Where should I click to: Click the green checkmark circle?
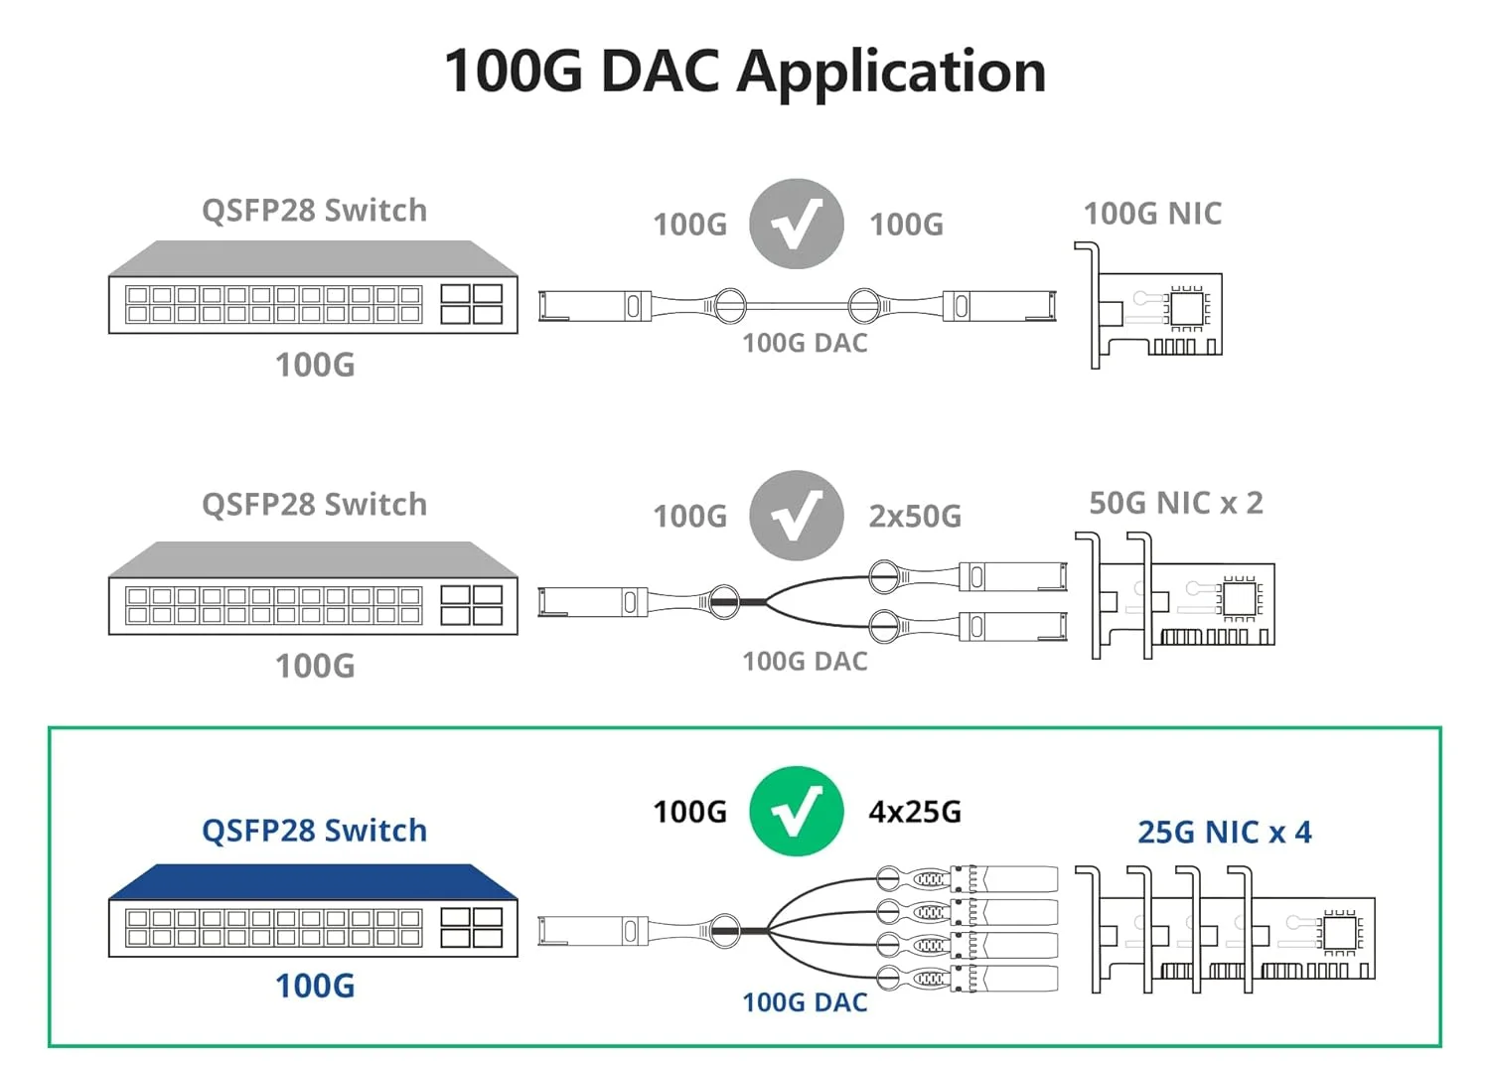click(796, 812)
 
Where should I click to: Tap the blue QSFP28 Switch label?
click(314, 831)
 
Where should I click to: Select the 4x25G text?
click(915, 812)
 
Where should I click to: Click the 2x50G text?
click(915, 517)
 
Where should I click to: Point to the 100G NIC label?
click(1152, 214)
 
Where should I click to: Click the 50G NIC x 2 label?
click(1176, 504)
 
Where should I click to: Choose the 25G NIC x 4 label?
click(1224, 833)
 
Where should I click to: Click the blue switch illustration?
click(313, 911)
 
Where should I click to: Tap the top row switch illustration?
click(313, 288)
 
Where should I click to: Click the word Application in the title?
click(891, 72)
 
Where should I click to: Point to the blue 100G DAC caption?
click(805, 1002)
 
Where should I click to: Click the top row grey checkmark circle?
click(796, 224)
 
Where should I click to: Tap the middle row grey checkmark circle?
click(796, 516)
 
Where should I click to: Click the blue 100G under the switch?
click(314, 986)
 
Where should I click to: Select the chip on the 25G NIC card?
click(1337, 933)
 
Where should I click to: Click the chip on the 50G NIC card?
click(1239, 599)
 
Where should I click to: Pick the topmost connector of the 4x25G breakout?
click(1003, 879)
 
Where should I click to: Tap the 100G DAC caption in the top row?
click(805, 344)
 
